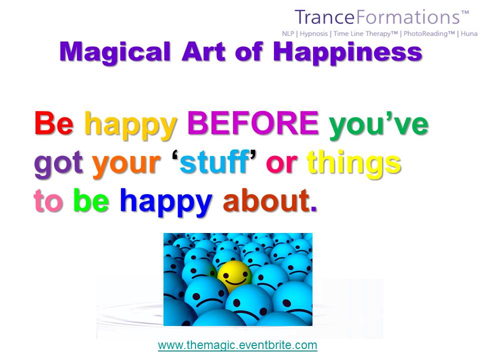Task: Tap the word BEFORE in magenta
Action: (253, 123)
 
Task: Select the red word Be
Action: (54, 123)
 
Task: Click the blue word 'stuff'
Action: (214, 161)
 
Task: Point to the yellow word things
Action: (354, 164)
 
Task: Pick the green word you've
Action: (378, 125)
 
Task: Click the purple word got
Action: (58, 164)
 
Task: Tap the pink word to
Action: (48, 200)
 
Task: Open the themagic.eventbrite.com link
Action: (237, 345)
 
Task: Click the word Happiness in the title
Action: (347, 52)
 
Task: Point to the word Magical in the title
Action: (115, 52)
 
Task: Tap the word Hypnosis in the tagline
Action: (313, 33)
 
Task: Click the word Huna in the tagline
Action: (469, 33)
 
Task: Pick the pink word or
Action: (281, 164)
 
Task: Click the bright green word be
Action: (91, 200)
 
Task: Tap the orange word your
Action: (126, 166)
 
